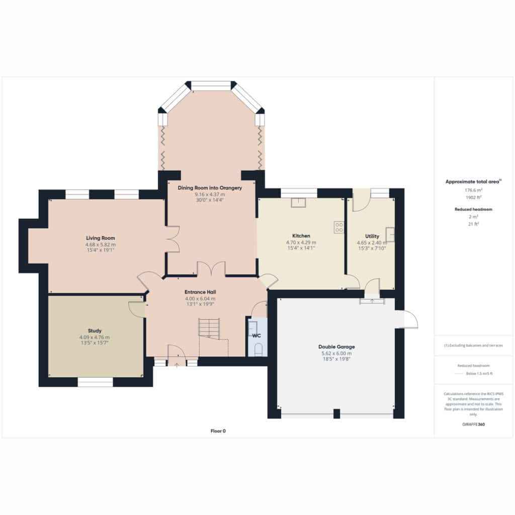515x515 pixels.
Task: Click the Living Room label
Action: pos(101,238)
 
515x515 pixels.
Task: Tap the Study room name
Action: pos(95,331)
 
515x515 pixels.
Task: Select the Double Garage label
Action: pos(336,347)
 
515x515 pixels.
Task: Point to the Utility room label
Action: pos(372,236)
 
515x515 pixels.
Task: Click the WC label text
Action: pos(256,335)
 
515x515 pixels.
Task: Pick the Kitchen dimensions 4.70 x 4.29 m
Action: pos(301,243)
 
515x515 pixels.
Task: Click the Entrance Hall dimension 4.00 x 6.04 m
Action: pos(200,299)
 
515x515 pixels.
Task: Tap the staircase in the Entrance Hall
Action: pos(209,327)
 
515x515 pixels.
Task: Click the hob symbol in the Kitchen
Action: pos(338,227)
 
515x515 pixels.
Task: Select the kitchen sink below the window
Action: pos(298,203)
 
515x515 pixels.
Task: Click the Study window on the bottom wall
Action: pos(95,382)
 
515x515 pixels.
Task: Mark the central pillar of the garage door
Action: pos(336,413)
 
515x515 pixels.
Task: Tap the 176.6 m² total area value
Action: pos(473,190)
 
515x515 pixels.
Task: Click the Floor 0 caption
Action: pos(218,431)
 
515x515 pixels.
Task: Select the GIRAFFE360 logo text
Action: pos(473,424)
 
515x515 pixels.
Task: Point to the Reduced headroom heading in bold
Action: pos(473,209)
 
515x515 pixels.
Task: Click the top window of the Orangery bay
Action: pos(211,85)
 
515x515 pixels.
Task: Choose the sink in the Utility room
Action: pos(390,234)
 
